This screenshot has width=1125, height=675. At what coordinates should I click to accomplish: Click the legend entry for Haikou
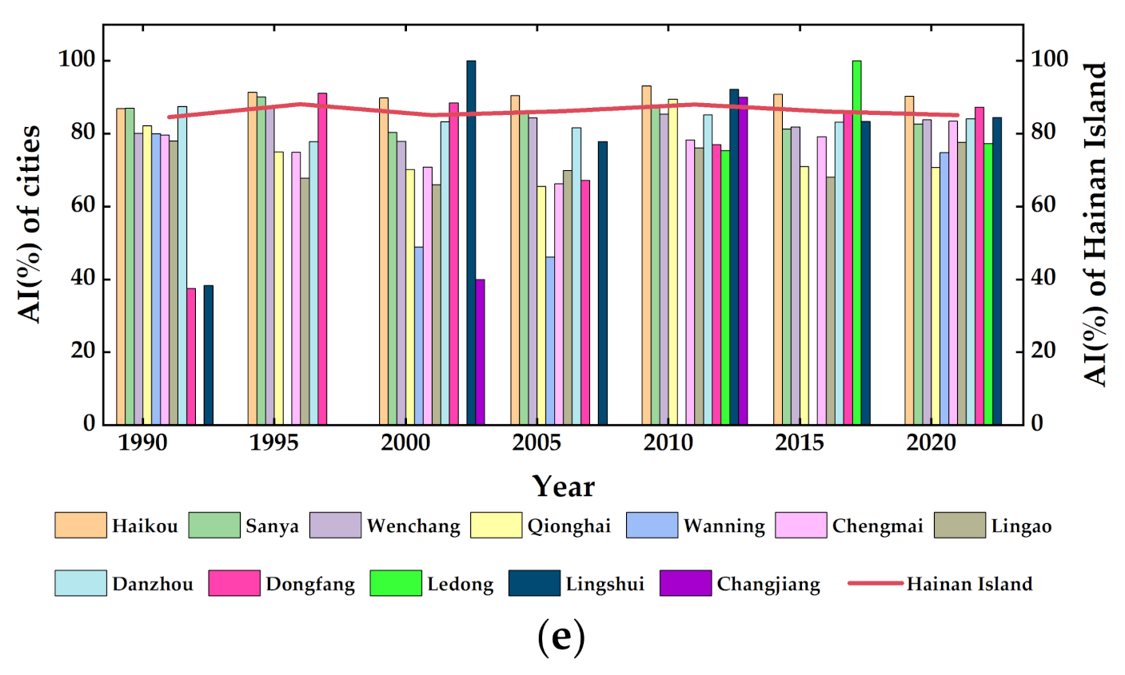[x=117, y=526]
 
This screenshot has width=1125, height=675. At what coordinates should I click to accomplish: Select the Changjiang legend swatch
[x=685, y=583]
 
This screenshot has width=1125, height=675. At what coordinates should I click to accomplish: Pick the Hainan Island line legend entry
[x=940, y=584]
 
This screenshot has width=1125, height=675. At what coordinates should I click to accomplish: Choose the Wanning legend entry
[x=696, y=526]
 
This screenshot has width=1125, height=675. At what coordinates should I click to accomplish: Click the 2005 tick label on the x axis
[x=537, y=443]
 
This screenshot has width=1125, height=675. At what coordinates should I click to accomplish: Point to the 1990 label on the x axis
[x=143, y=443]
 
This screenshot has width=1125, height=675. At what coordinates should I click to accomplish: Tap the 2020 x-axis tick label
[x=931, y=443]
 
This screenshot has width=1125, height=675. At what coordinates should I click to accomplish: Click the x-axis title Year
[x=563, y=486]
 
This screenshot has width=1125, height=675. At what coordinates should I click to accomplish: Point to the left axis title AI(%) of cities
[x=30, y=224]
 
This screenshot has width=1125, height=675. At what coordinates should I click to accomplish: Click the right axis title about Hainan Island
[x=1095, y=224]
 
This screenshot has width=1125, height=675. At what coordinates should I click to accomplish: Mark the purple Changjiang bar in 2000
[x=480, y=351]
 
